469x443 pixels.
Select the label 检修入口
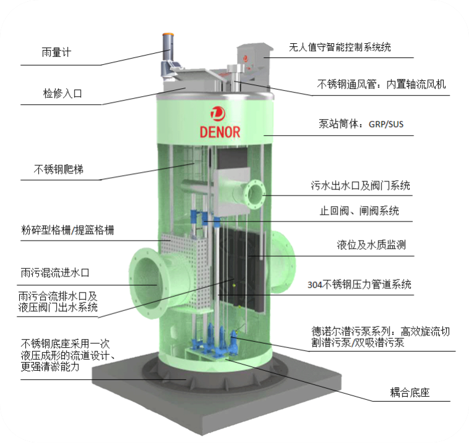point(62,94)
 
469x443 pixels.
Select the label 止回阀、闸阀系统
point(359,210)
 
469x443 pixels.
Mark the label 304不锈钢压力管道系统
point(359,284)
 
